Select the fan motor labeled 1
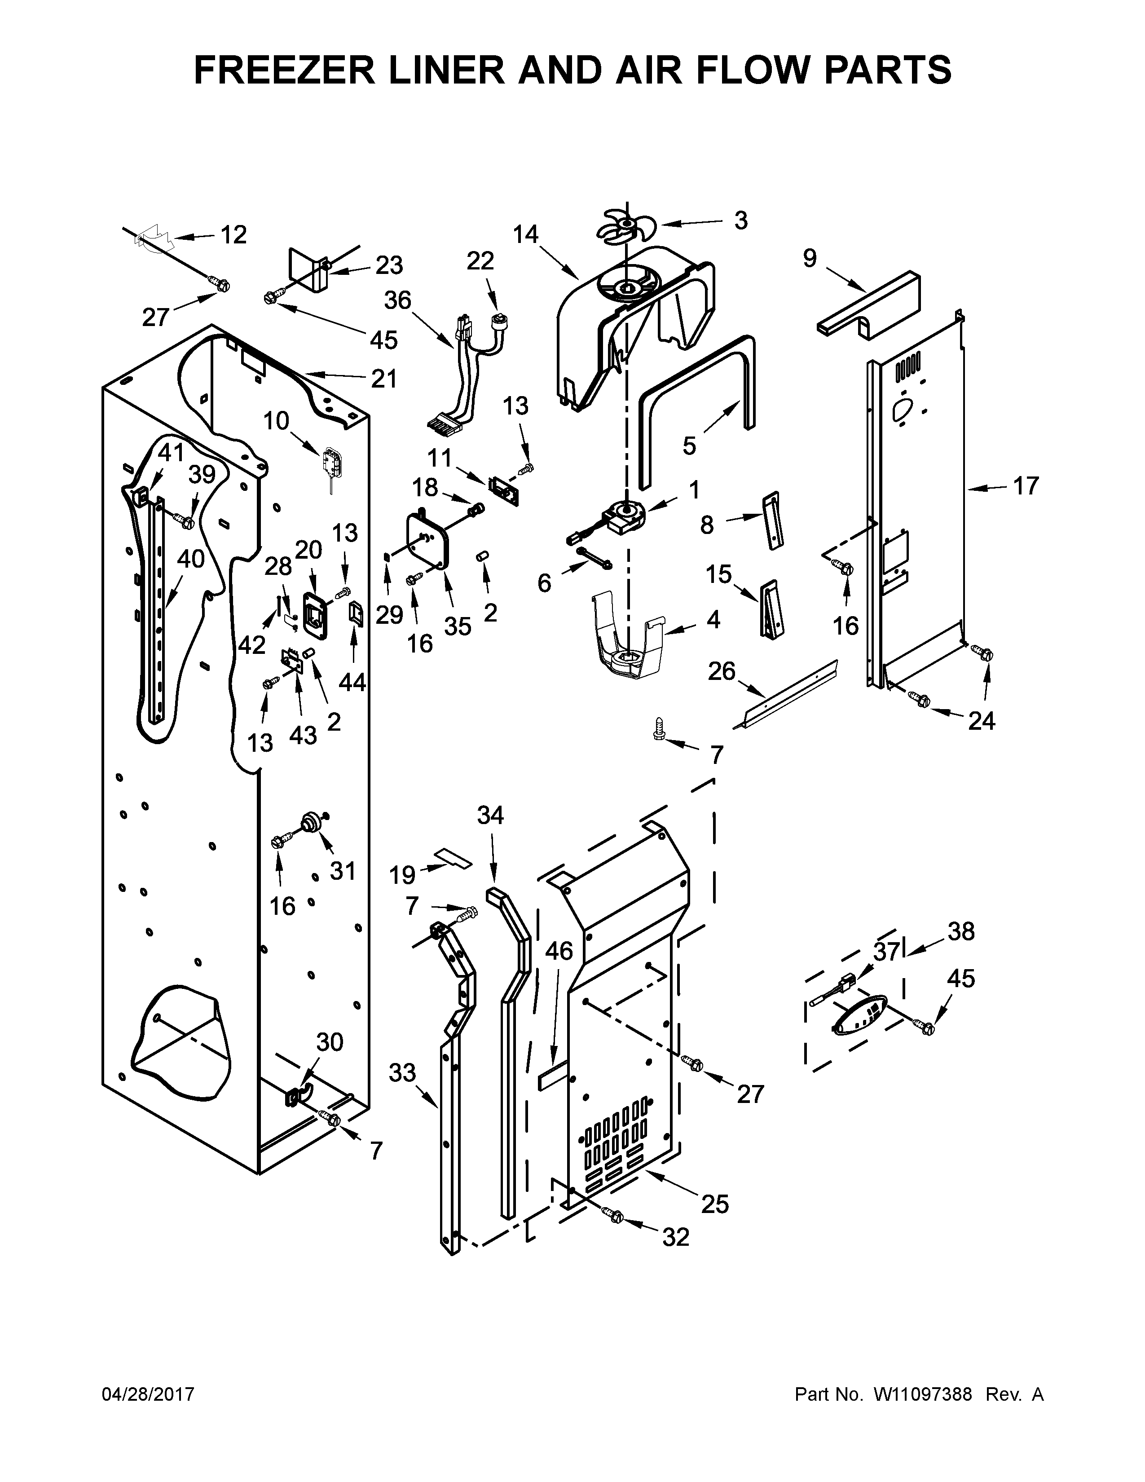[623, 513]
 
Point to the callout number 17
[1025, 486]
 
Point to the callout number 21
[383, 378]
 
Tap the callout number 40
[190, 559]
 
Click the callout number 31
[343, 871]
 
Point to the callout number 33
[402, 1073]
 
